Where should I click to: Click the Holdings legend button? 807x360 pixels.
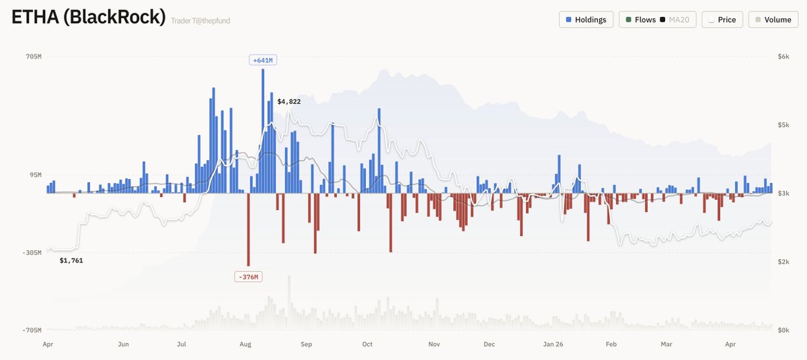click(x=586, y=20)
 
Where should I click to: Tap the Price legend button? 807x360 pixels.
click(x=722, y=20)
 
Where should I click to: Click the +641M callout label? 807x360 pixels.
click(x=262, y=60)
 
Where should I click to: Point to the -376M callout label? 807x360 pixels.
click(x=247, y=277)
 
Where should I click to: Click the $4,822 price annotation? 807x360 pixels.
click(x=289, y=101)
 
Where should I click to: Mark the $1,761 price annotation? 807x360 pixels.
click(x=71, y=260)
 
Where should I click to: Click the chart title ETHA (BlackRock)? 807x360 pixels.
click(x=88, y=17)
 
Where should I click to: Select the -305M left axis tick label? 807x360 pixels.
click(x=31, y=253)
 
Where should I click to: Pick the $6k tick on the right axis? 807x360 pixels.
click(x=783, y=57)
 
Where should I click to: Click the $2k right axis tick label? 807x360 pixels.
click(x=783, y=262)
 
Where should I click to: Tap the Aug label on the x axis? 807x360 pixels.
click(x=245, y=345)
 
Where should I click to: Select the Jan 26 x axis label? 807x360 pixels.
click(x=553, y=345)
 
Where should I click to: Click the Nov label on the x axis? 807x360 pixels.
click(x=434, y=345)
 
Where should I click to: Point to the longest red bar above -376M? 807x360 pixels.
click(x=248, y=229)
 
